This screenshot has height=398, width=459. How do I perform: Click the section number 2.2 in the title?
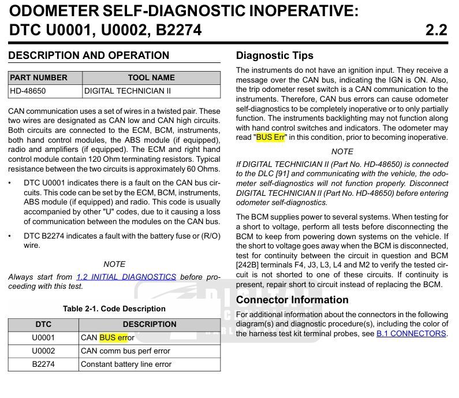436,29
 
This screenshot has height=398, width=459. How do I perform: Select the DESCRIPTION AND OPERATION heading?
89,55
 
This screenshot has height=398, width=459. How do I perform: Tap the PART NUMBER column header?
39,77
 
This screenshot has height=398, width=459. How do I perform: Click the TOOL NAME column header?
151,77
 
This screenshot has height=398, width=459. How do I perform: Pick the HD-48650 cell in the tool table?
28,91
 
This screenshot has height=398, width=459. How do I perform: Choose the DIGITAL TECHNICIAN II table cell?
128,91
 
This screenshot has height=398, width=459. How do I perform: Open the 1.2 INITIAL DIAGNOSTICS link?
126,277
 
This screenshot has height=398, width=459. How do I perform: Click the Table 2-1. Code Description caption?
114,308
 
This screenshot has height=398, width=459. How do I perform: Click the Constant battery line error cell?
126,364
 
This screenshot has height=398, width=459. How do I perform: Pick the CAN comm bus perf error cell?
125,351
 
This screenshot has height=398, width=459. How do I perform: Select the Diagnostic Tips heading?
275,55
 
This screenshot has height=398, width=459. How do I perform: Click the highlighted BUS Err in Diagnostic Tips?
271,137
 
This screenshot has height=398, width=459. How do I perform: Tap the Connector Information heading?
292,300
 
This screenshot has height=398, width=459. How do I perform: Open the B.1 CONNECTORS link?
411,333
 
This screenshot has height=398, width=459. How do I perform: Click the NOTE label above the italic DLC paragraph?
342,151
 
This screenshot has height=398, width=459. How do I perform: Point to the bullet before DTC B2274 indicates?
11,236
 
